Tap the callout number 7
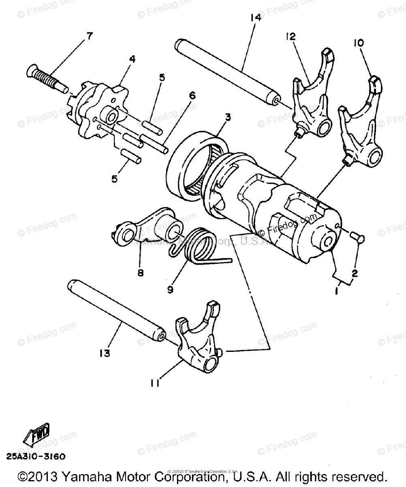click(x=88, y=36)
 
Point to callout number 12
click(x=291, y=37)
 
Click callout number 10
click(x=359, y=42)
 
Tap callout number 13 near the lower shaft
click(x=104, y=353)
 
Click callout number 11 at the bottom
click(x=155, y=382)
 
